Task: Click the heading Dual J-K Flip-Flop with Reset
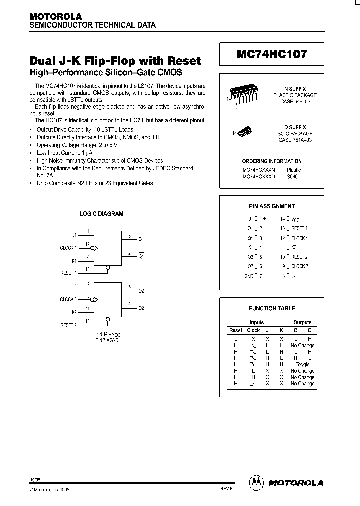[x=115, y=61]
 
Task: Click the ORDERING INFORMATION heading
[x=272, y=161]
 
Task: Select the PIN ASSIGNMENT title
[x=272, y=206]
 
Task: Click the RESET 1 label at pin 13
[x=299, y=228]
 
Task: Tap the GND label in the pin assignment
[x=249, y=276]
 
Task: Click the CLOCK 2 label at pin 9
[x=299, y=266]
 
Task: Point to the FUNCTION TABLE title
[x=272, y=308]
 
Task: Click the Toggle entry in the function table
[x=302, y=365]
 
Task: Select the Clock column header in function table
[x=253, y=330]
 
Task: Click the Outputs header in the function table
[x=302, y=323]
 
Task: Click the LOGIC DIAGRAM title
[x=102, y=213]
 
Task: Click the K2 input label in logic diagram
[x=74, y=312]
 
